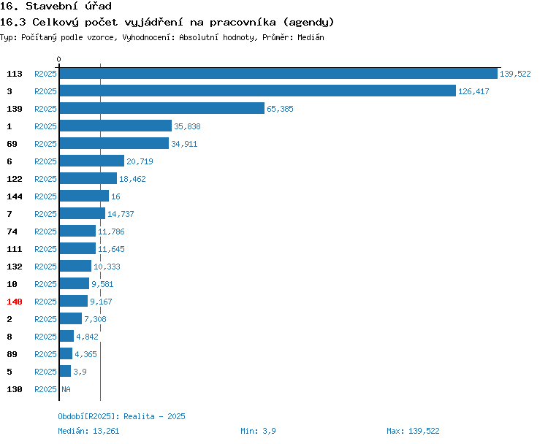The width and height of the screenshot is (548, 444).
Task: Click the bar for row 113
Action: [278, 74]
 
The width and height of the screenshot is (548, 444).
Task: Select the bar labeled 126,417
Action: [257, 91]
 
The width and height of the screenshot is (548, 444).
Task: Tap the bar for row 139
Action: [161, 109]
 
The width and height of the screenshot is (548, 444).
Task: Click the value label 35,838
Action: [187, 126]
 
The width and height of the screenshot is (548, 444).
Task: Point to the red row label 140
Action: [15, 302]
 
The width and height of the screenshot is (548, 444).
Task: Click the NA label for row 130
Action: [66, 389]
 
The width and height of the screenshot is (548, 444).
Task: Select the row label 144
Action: [15, 196]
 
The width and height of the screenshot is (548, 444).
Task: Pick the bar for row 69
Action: [114, 144]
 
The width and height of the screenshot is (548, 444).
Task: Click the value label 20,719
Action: [140, 161]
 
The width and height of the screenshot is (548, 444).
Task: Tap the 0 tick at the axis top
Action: [59, 60]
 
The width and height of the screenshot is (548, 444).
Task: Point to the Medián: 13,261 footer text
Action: [88, 431]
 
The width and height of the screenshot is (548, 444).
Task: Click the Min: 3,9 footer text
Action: [258, 431]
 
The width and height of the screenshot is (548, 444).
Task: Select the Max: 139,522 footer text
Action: [413, 431]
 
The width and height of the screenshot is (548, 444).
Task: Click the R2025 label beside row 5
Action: [45, 372]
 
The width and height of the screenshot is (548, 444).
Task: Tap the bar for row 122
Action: [88, 179]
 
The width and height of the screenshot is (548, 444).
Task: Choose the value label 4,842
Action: [87, 337]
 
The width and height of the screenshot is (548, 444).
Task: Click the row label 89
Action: [12, 354]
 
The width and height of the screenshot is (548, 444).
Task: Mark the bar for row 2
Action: [70, 319]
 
